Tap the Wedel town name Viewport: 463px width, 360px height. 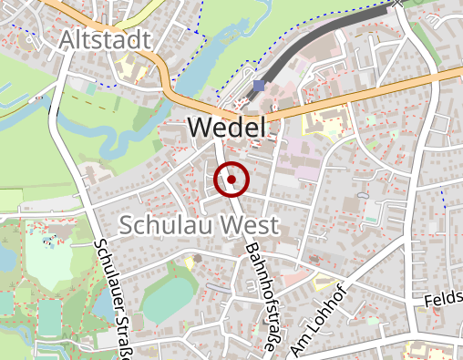click(x=227, y=129)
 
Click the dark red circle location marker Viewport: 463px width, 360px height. click(x=231, y=180)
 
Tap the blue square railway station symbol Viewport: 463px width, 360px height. click(x=260, y=86)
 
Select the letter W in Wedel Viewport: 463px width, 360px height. click(x=199, y=129)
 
